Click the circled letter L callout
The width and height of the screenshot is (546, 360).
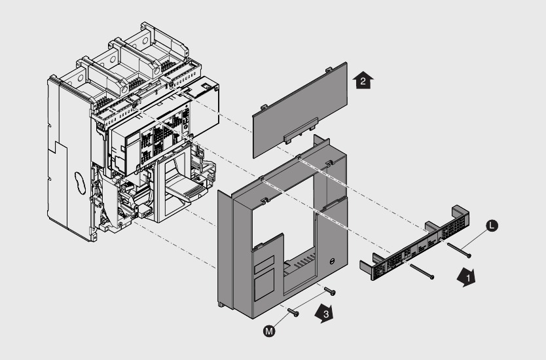point(492,225)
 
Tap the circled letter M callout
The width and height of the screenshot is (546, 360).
point(268,332)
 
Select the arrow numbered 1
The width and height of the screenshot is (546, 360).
point(466,278)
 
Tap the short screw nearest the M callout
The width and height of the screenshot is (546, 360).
point(294,313)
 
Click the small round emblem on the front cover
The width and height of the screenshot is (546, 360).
point(332,262)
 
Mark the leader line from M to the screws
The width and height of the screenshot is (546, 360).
point(280,323)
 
